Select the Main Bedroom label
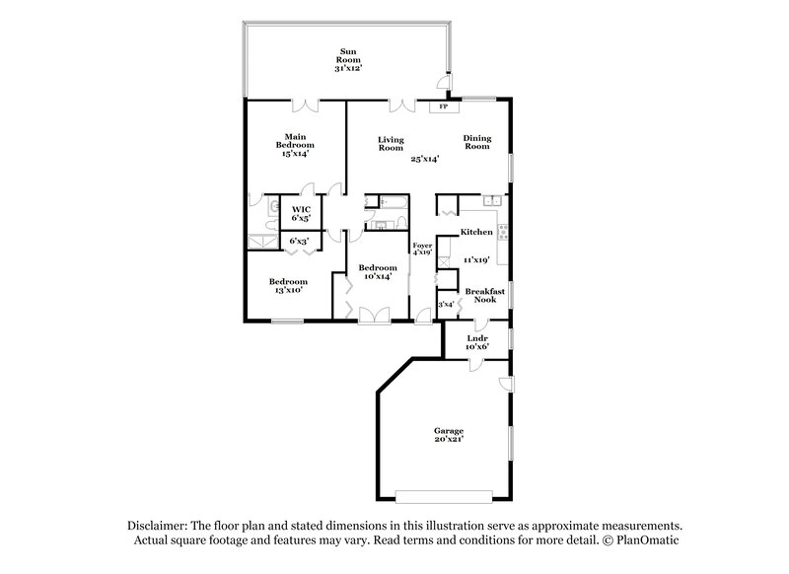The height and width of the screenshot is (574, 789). coord(294,145)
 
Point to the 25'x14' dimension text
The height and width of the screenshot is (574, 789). coord(425,158)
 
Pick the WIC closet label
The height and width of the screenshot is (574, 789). coord(301,209)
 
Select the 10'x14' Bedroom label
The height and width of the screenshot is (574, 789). coord(378,271)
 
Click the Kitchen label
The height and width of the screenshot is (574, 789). coord(476,232)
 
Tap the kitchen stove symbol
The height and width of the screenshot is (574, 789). coord(503,234)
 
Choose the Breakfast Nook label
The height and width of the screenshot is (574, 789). coord(484,295)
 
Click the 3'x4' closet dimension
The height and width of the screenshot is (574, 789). coord(447,304)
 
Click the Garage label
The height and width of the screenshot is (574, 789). coord(449,431)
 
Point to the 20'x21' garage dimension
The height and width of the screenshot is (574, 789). coord(449,441)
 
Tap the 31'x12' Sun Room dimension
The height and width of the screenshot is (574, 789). coord(348,69)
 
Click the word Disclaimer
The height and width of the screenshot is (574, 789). coord(159,526)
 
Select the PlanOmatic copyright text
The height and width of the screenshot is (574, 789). coord(648,540)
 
